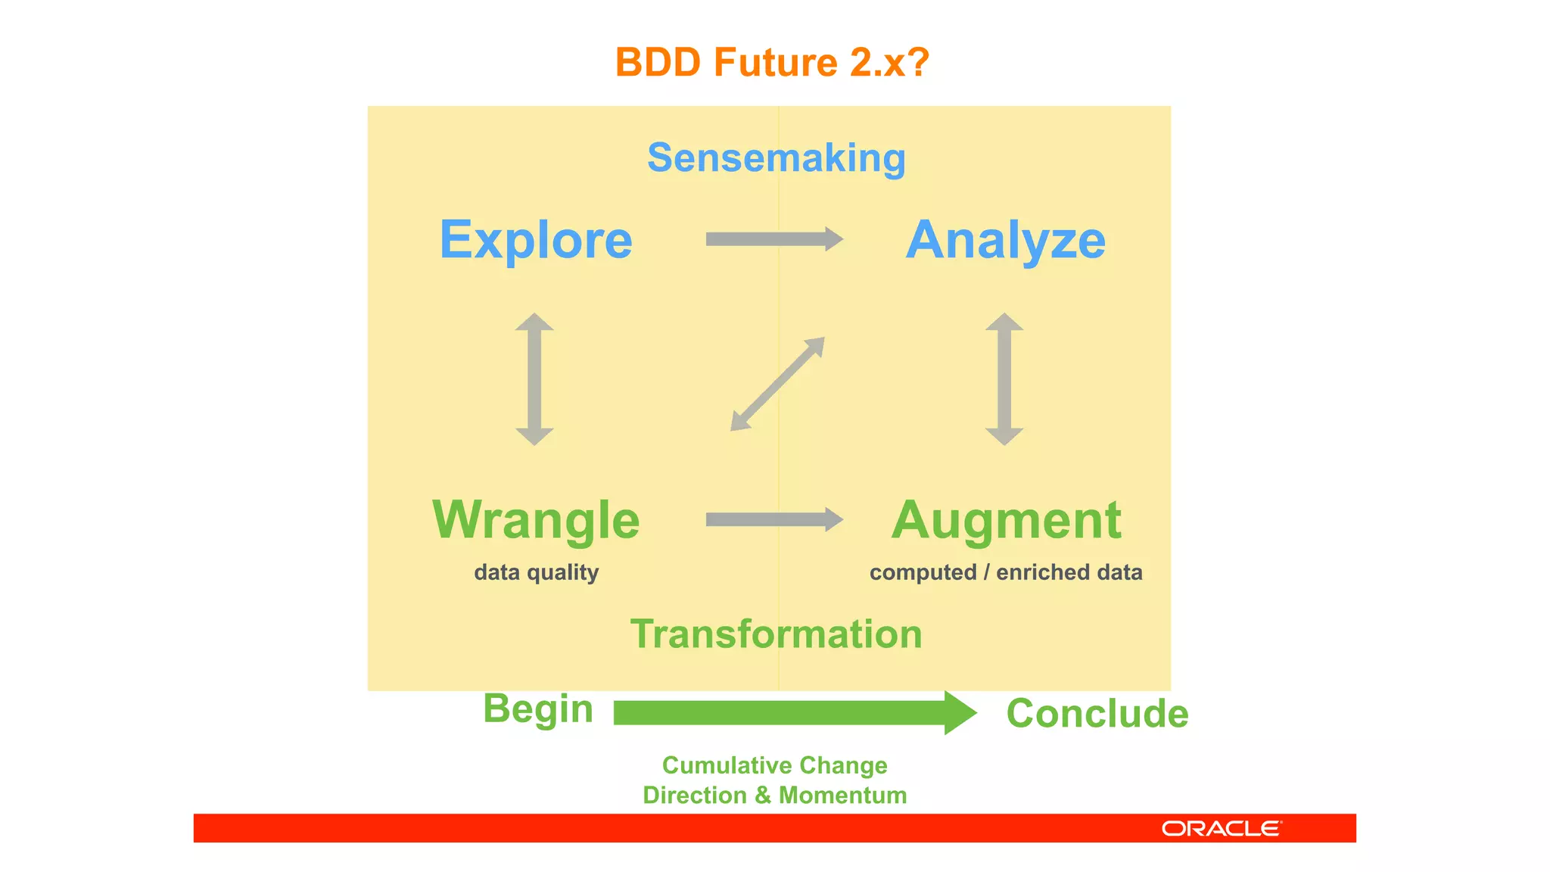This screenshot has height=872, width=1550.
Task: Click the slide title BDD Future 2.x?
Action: click(772, 62)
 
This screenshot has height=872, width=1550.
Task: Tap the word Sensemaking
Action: click(777, 158)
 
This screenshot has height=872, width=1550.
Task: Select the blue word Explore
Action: click(536, 240)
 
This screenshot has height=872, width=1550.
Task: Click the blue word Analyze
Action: click(1005, 240)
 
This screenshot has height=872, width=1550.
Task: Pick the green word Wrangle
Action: click(536, 520)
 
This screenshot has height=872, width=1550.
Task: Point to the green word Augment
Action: click(1006, 520)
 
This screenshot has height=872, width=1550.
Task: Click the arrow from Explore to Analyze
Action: click(773, 239)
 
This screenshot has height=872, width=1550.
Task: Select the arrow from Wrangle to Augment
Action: click(773, 519)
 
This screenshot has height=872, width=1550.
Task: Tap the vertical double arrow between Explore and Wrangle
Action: click(534, 378)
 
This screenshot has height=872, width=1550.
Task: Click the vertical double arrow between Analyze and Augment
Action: click(1004, 378)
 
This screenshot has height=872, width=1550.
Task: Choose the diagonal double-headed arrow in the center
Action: click(777, 385)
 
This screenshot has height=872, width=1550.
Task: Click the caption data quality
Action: click(536, 572)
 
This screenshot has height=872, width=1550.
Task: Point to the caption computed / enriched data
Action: click(1006, 572)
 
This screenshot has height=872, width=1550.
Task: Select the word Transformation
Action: click(777, 634)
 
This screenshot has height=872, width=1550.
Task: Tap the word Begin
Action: click(538, 709)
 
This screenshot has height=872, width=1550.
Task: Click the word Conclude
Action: click(1097, 713)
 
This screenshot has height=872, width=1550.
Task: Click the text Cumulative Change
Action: click(774, 765)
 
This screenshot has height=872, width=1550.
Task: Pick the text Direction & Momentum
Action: click(774, 796)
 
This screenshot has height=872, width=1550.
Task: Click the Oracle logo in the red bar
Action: click(1222, 829)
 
